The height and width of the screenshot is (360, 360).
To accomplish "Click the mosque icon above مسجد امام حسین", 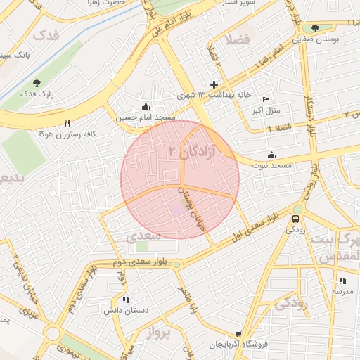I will (146, 107).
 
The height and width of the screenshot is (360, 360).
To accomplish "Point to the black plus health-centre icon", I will (214, 84).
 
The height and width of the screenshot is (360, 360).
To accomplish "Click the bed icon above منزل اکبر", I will (265, 99).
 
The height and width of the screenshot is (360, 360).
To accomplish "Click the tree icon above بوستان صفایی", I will (315, 29).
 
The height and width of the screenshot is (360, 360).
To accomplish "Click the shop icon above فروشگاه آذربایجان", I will (238, 335).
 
